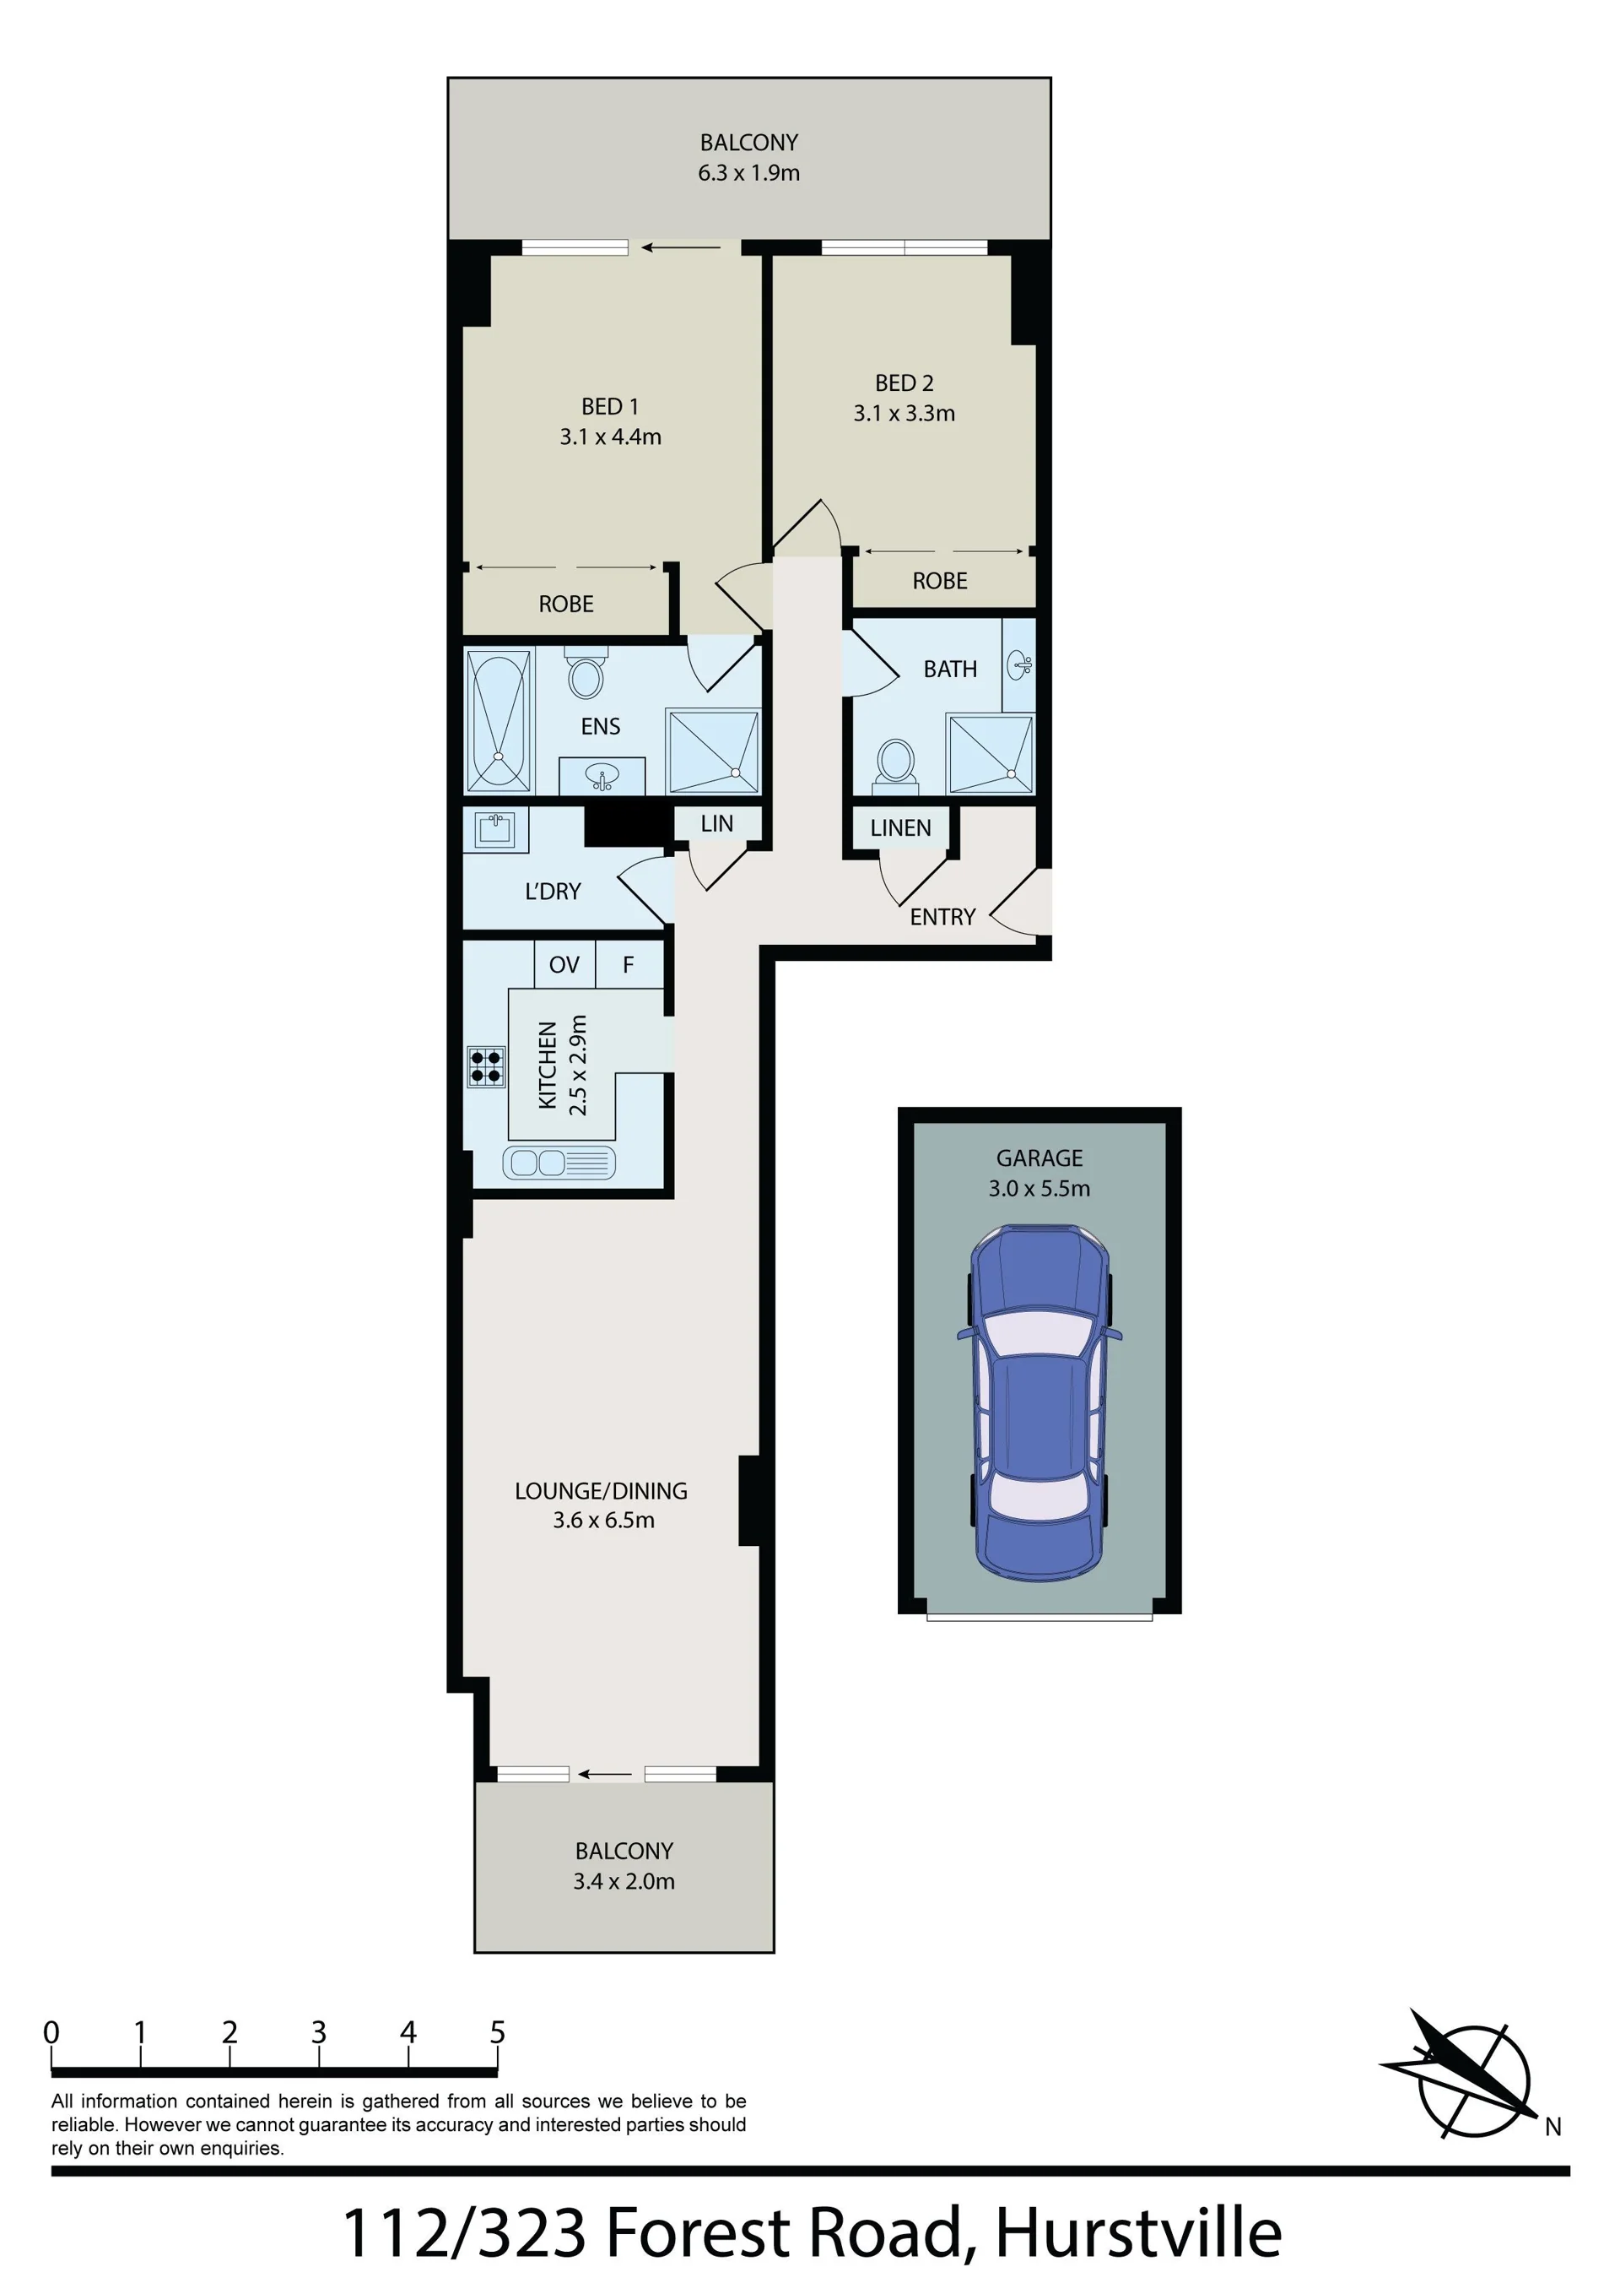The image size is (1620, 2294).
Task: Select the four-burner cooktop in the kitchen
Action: pyautogui.click(x=485, y=1066)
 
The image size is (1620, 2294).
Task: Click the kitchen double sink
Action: pyautogui.click(x=559, y=1162)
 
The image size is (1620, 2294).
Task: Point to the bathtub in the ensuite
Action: pyautogui.click(x=499, y=719)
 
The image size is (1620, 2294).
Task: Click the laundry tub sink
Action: pyautogui.click(x=495, y=829)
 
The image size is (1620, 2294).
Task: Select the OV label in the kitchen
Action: pyautogui.click(x=564, y=964)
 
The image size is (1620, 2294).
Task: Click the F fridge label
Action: pyautogui.click(x=629, y=964)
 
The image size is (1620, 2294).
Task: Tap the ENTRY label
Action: pyautogui.click(x=942, y=916)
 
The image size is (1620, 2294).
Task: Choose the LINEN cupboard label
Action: pyautogui.click(x=900, y=827)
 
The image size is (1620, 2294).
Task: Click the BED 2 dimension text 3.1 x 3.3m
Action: pyautogui.click(x=904, y=413)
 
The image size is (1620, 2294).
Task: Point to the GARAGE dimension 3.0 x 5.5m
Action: pyautogui.click(x=1039, y=1188)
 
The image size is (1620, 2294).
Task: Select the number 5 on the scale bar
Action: pyautogui.click(x=497, y=2031)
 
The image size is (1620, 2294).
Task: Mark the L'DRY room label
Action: pyautogui.click(x=553, y=892)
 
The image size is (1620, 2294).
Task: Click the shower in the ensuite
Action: pyautogui.click(x=713, y=751)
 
